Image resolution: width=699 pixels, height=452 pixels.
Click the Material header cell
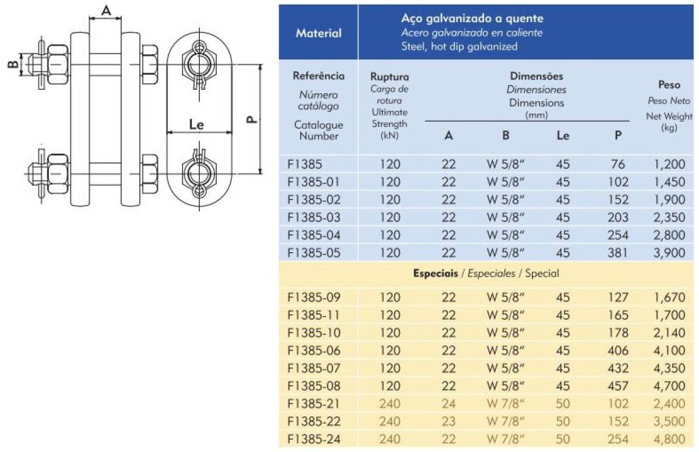coord(319,33)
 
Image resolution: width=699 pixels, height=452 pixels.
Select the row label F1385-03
coord(313,217)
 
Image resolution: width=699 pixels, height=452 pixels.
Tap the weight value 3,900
coord(669,253)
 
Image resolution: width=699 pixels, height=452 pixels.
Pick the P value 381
coord(617,253)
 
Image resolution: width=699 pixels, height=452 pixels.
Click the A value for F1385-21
coord(449,404)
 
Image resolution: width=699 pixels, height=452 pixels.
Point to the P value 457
coord(617,386)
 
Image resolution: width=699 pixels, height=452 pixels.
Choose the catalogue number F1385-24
coord(313,439)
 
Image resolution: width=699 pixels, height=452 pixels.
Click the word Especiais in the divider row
coord(435,273)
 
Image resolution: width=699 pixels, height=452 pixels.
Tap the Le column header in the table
coord(563,135)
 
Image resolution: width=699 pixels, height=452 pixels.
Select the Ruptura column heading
coord(389,76)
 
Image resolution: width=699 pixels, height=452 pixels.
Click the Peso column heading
coord(669,84)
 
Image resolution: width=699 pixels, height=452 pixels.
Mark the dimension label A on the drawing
coord(106,11)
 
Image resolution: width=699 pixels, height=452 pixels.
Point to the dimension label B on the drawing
coord(13,64)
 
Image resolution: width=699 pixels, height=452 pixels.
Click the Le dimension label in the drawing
coord(196,125)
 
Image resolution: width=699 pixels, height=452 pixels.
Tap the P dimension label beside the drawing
coord(252,119)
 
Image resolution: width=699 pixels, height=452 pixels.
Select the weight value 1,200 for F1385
coord(669,164)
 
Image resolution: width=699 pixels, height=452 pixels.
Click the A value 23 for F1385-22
coord(449,422)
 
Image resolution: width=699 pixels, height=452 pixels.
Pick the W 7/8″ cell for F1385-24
coord(505,439)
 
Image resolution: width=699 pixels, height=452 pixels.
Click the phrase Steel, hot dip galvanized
coord(459,47)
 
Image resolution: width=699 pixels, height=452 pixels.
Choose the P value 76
coord(617,164)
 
